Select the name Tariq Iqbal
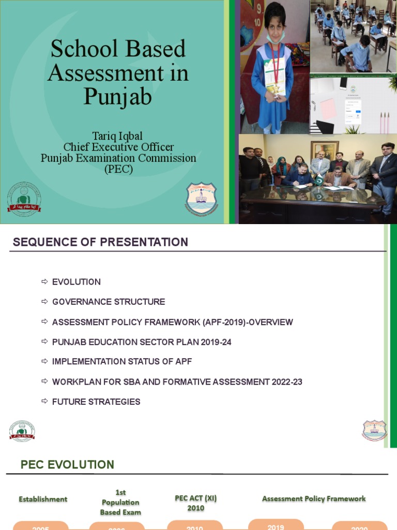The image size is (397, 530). point(118,136)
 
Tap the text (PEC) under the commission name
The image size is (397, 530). point(118,169)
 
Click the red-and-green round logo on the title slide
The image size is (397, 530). point(24,199)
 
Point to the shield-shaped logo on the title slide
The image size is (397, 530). point(201,198)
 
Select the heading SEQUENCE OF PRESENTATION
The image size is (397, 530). point(100,242)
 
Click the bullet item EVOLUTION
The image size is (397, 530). point(77,282)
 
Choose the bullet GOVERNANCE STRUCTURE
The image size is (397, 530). point(109,302)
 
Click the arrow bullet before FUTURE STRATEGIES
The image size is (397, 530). point(44,401)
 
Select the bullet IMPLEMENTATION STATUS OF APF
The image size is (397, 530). point(122,362)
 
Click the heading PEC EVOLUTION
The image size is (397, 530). point(67,465)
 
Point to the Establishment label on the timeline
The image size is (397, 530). point(43,499)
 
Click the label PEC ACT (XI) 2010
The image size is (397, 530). point(196,503)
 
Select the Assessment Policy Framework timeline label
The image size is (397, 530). point(314,499)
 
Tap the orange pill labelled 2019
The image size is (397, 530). point(276,525)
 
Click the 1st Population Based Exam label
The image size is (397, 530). point(120,502)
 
